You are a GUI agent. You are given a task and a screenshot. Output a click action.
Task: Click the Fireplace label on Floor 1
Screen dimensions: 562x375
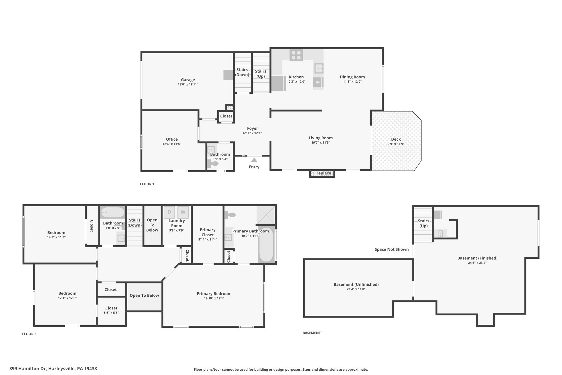point(322,173)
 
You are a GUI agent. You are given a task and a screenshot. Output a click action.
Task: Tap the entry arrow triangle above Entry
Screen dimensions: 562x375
point(254,160)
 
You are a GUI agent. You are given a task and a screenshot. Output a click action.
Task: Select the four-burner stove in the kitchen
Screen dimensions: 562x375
point(296,55)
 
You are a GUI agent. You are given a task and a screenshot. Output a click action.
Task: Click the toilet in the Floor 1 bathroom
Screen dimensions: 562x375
point(213,164)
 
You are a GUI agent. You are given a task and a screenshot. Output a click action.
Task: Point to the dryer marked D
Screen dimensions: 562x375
point(169,212)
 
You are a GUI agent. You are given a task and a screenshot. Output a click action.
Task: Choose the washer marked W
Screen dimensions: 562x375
point(183,212)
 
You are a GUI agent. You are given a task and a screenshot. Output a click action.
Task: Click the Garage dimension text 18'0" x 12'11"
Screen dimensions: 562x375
point(188,85)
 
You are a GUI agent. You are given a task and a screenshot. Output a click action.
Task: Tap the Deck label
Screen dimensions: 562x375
point(396,139)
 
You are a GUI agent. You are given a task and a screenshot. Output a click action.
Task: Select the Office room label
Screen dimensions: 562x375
point(172,139)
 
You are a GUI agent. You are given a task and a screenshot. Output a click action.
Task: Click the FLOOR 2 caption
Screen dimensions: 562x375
point(29,334)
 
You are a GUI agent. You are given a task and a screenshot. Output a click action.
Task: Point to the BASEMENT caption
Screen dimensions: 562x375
point(312,333)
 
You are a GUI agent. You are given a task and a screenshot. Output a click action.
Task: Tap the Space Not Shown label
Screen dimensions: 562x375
point(392,249)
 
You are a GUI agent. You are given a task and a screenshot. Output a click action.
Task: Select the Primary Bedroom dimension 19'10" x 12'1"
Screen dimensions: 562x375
point(214,298)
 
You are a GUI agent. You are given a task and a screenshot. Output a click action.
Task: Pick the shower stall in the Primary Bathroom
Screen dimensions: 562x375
point(266,215)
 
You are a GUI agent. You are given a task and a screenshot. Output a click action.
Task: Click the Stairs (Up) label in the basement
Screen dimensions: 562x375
point(423,223)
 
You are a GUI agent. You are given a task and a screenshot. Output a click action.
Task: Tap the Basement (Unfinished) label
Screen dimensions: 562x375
point(356,284)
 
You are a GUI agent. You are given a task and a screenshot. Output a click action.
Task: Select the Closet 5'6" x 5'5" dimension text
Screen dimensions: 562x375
point(111,313)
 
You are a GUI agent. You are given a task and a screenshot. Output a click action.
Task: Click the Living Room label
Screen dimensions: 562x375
point(321,138)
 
